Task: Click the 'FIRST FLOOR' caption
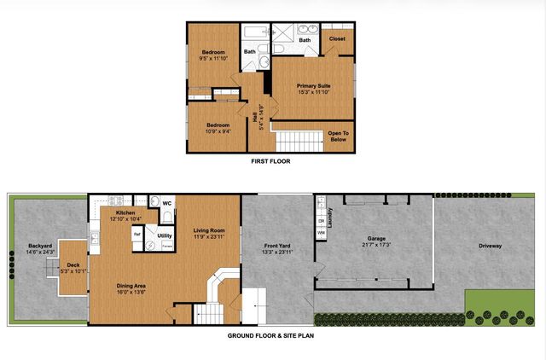click(273, 160)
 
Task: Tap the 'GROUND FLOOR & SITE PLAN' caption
click(273, 335)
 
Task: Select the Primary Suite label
click(314, 86)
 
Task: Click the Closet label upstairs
click(337, 38)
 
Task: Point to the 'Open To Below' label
click(339, 136)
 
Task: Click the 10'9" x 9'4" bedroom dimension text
click(218, 131)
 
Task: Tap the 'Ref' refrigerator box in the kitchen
click(136, 234)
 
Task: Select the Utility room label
click(165, 235)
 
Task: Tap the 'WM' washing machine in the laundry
click(322, 232)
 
